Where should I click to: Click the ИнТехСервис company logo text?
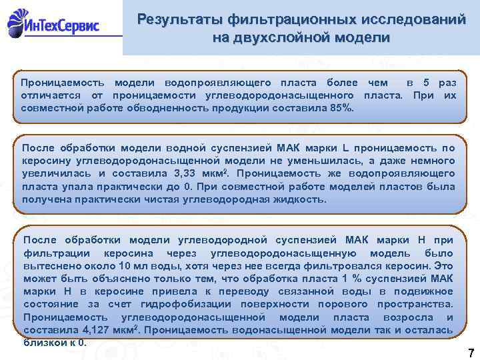point(64,26)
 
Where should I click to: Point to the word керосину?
point(45,161)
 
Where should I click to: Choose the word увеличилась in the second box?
point(51,173)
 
